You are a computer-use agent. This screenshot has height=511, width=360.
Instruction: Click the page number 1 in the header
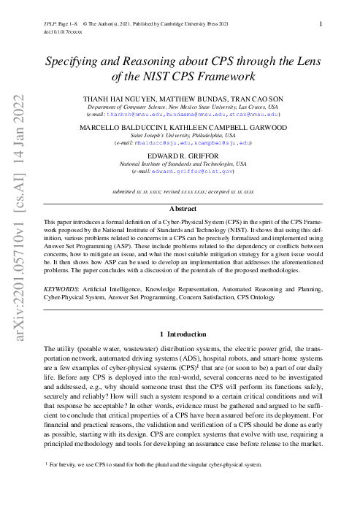pos(322,24)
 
